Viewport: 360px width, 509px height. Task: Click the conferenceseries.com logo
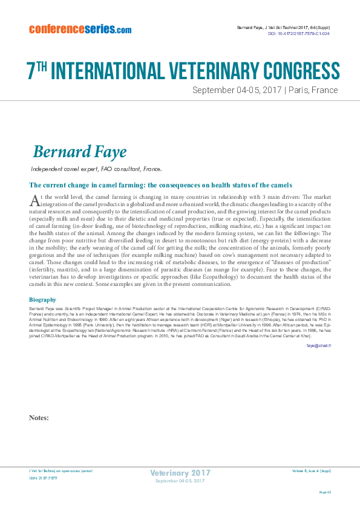coord(80,28)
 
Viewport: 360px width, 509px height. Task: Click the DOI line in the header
coord(298,34)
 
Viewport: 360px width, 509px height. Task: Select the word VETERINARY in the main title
coord(185,71)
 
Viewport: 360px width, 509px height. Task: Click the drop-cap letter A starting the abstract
coord(34,201)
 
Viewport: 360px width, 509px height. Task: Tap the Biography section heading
coord(42,299)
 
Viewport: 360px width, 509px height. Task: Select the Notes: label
coord(39,417)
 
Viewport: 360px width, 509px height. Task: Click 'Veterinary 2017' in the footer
coord(180,473)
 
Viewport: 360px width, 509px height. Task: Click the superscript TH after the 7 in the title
coord(42,64)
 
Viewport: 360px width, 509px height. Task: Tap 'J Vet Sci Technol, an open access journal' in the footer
coord(61,470)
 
